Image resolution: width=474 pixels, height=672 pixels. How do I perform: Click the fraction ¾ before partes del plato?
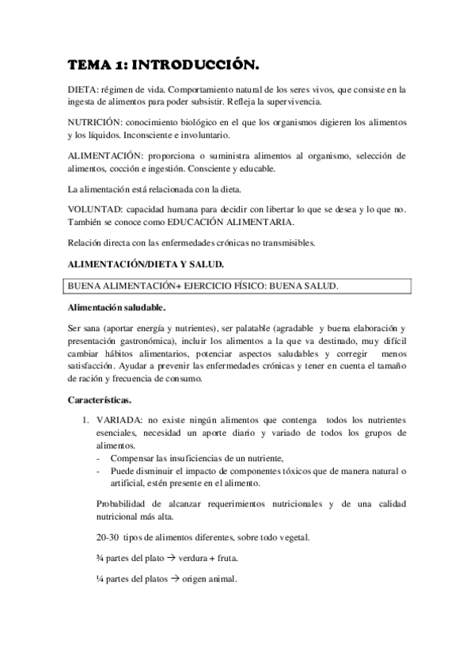(x=100, y=558)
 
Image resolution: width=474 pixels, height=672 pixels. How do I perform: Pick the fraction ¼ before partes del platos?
(x=100, y=578)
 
